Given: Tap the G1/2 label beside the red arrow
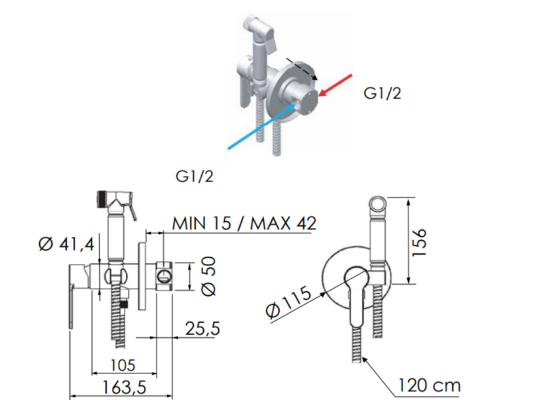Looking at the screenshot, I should point(382,93).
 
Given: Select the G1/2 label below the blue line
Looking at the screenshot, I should point(195,176).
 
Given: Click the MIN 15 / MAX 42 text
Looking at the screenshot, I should point(244,223).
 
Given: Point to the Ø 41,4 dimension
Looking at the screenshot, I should point(65,245).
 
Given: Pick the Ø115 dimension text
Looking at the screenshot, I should point(289,303).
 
